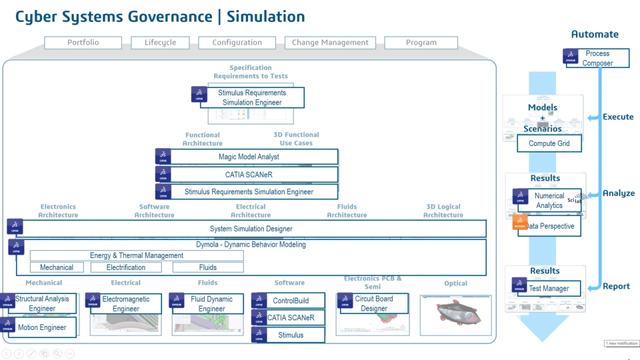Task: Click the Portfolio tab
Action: [x=83, y=43]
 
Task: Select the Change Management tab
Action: [x=330, y=43]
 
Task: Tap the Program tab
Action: [x=421, y=43]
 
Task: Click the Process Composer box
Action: [x=597, y=58]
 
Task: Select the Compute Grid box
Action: [x=549, y=143]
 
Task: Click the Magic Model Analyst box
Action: [x=249, y=157]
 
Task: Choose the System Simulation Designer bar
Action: [x=251, y=229]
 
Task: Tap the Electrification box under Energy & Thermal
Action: [x=126, y=267]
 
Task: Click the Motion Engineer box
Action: [x=41, y=327]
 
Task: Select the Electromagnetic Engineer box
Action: [x=125, y=304]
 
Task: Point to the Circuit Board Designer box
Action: [x=373, y=303]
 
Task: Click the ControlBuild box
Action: [x=290, y=301]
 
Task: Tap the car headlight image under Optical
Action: [x=455, y=315]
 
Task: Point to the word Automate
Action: [x=595, y=34]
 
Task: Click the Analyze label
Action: [x=618, y=193]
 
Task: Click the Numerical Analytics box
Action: [x=549, y=201]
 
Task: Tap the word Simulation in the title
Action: [x=265, y=17]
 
